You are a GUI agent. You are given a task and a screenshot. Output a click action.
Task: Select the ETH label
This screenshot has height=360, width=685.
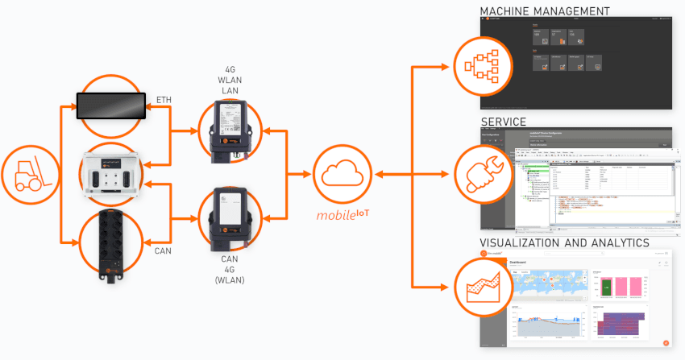click(164, 99)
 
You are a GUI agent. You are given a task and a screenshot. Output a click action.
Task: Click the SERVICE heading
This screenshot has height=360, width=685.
click(504, 122)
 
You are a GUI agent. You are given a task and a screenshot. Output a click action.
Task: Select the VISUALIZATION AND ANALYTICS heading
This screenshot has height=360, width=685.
click(564, 242)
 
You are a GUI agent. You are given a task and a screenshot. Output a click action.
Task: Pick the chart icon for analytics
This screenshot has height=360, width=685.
click(481, 285)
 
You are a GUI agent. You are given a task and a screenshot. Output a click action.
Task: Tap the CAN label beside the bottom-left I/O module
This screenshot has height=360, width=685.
click(164, 250)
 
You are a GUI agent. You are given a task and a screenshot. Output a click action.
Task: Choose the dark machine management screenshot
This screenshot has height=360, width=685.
click(575, 63)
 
